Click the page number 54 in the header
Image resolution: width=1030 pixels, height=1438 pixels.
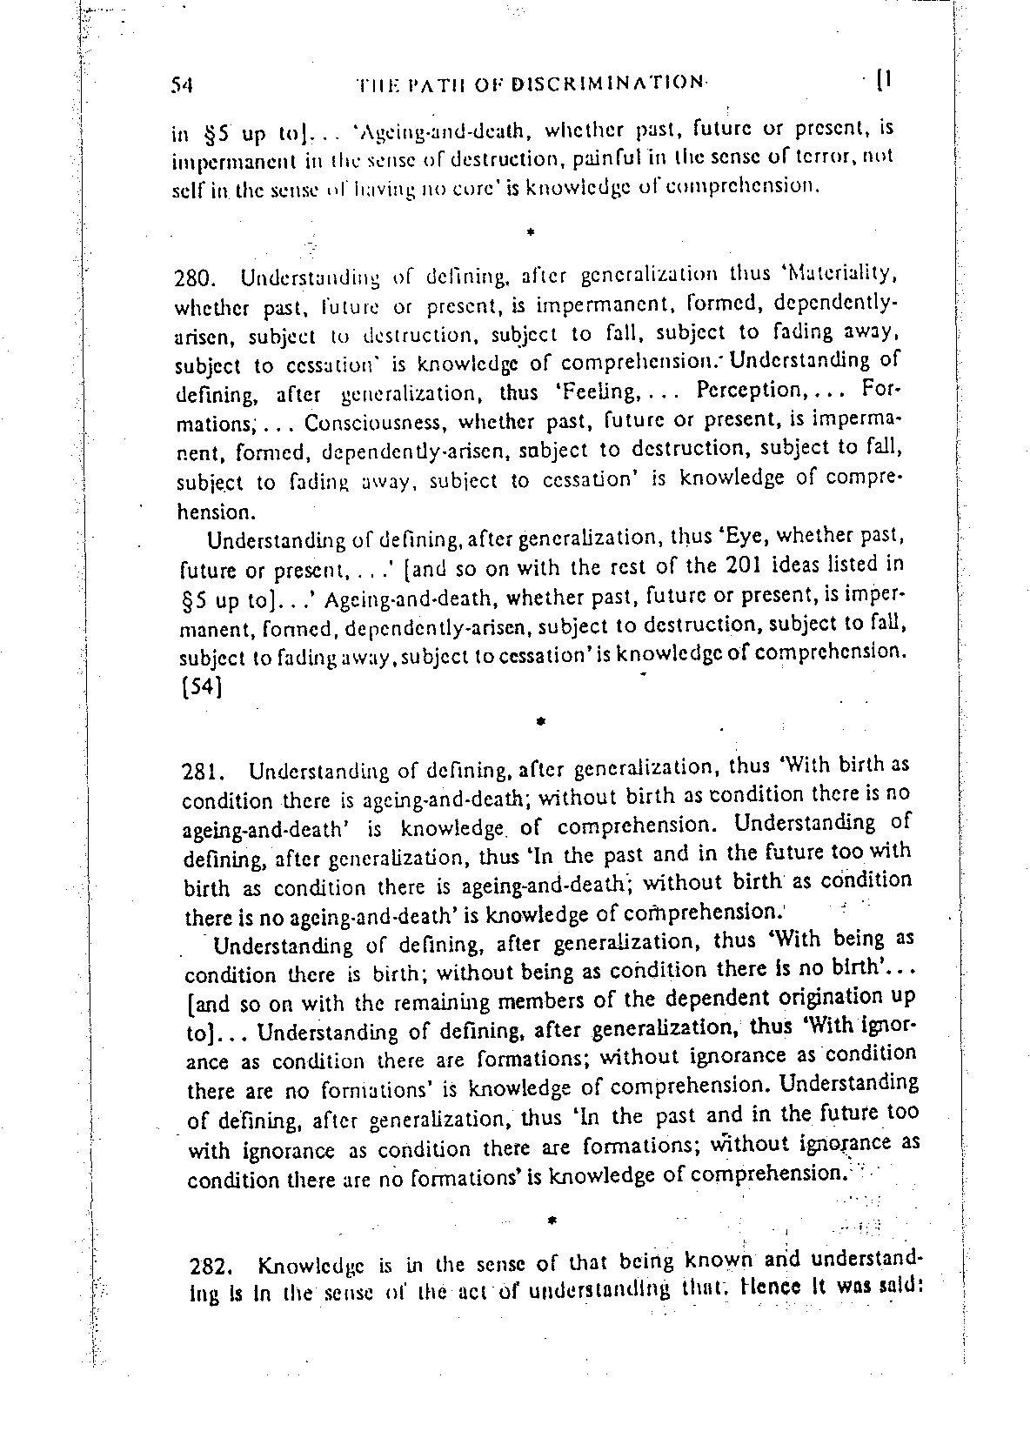(x=182, y=84)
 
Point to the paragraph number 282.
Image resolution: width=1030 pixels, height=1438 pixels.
(x=207, y=1265)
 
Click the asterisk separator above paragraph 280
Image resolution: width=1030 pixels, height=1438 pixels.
(x=529, y=232)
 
